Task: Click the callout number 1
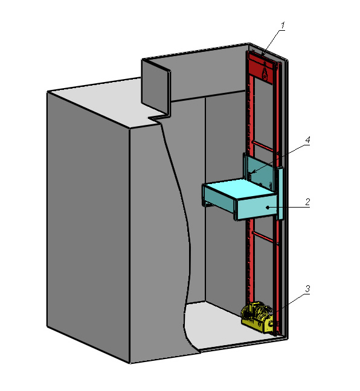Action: click(283, 25)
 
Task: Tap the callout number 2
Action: click(307, 202)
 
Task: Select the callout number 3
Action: click(307, 289)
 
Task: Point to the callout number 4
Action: click(307, 140)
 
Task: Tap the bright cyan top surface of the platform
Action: click(240, 189)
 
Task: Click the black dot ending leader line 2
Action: click(268, 207)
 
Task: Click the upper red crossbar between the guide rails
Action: click(263, 146)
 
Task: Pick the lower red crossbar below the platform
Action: click(263, 237)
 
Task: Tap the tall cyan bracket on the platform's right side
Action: click(280, 193)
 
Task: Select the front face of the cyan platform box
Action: click(257, 208)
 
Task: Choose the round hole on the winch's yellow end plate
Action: click(270, 323)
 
